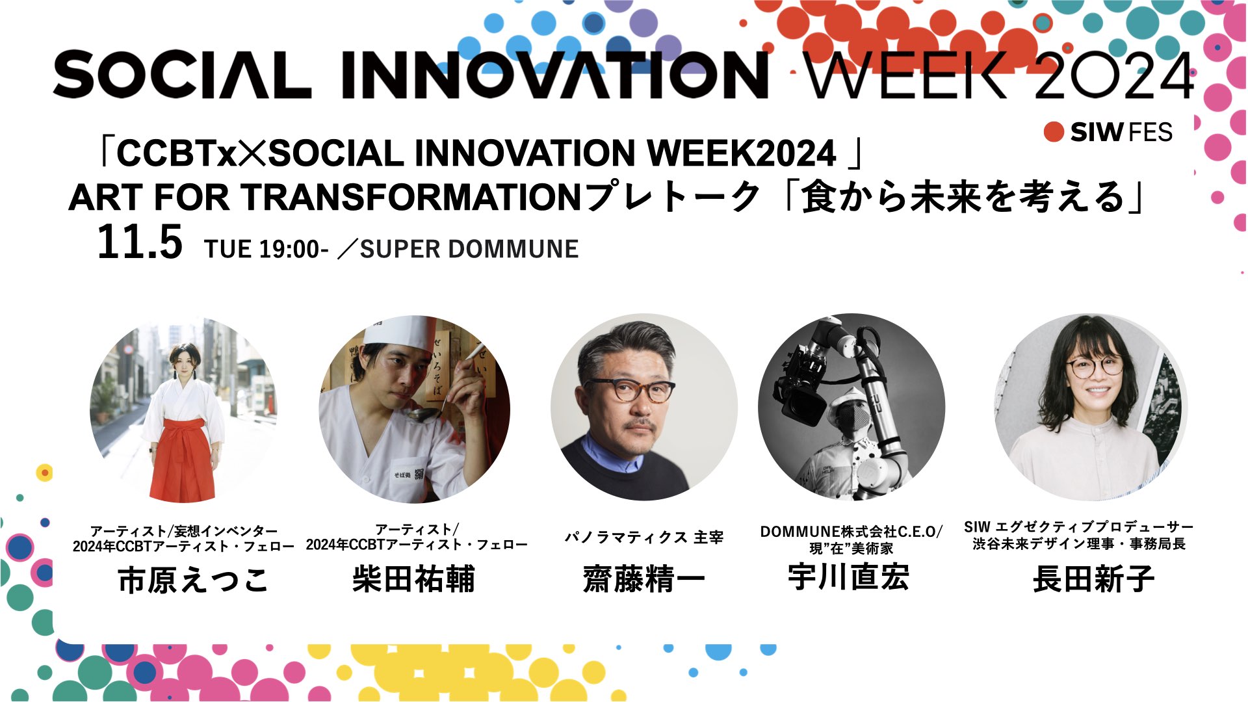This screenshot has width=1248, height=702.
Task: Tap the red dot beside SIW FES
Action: tap(1054, 132)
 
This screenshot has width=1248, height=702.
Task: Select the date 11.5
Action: tap(140, 242)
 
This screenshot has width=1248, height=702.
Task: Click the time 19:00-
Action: tap(293, 249)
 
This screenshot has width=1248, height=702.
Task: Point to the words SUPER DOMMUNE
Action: tap(469, 249)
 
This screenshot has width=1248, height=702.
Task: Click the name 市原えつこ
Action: tap(193, 580)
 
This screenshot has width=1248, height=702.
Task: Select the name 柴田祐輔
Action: tap(414, 578)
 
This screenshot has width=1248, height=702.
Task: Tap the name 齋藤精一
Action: tap(643, 578)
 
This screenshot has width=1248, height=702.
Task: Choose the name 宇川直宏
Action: tap(848, 577)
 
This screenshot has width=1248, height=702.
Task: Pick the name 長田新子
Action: tap(1093, 578)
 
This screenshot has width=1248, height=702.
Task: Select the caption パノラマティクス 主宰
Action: tap(643, 537)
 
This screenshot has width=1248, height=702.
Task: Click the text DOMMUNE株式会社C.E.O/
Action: tap(851, 532)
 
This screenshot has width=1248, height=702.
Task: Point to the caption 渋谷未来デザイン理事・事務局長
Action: tap(1079, 543)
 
